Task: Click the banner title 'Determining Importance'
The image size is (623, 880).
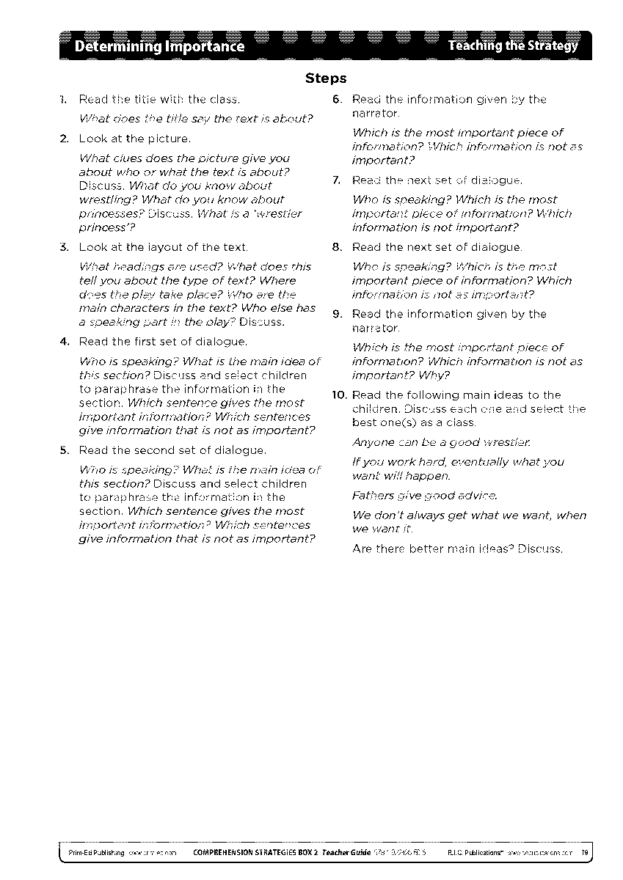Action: click(153, 47)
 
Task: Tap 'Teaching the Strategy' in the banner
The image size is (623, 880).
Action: click(513, 46)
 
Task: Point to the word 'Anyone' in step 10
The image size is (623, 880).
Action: click(372, 442)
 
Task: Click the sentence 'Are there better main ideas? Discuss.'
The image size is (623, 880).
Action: click(457, 549)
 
